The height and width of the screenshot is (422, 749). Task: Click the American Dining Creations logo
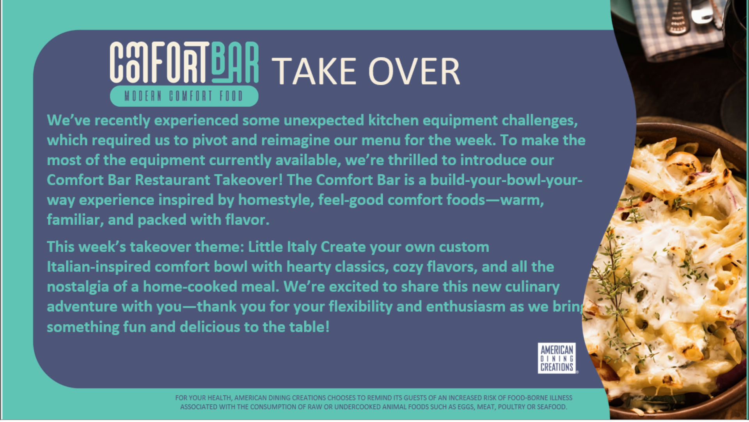tap(557, 358)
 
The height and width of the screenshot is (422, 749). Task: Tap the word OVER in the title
tap(414, 71)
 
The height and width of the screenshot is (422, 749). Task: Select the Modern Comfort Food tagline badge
tap(184, 96)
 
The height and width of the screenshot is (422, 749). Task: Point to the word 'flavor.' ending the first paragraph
tap(247, 220)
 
